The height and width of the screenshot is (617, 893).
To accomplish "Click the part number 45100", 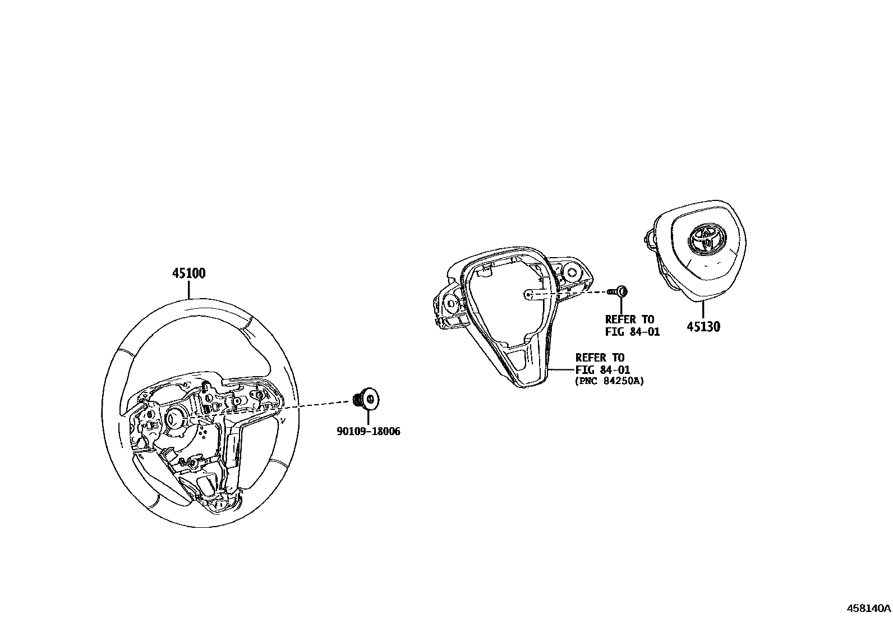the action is [x=188, y=273].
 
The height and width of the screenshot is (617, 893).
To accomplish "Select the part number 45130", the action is [x=703, y=326].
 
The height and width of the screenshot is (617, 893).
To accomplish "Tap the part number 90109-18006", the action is [x=369, y=432].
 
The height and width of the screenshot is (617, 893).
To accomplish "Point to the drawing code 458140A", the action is [x=868, y=608].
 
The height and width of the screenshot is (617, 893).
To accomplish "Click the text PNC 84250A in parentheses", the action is [x=609, y=381].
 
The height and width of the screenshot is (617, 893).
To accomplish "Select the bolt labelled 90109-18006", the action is [x=367, y=399].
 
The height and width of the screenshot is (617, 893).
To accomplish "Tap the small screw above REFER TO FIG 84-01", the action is [x=620, y=291].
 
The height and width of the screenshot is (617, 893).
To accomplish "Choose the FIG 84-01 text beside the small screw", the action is [x=632, y=332].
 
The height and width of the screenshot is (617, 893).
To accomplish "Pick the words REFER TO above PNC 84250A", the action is [x=600, y=358].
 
